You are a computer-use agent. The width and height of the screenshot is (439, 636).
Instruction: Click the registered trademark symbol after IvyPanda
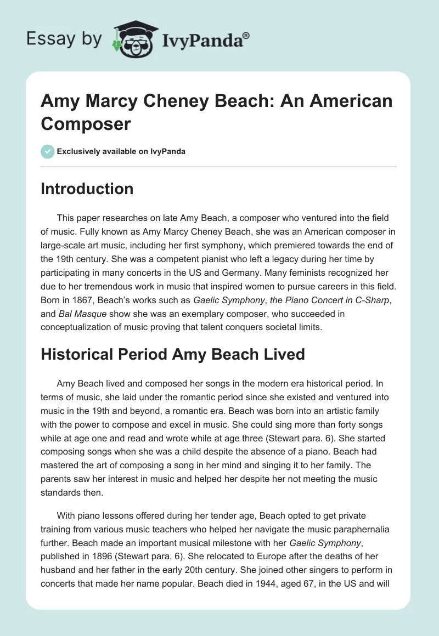coord(246,36)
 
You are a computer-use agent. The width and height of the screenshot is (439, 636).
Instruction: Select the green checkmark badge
coord(48,151)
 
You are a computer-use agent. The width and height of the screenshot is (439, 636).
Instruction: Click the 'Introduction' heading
coord(87,189)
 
